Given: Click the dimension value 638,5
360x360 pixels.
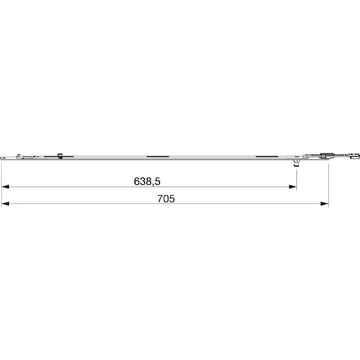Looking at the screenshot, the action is (147, 181).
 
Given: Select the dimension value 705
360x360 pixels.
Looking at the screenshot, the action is (166, 199).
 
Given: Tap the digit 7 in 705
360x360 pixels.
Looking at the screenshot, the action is (160, 199).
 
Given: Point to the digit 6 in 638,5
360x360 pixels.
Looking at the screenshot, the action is (137, 181).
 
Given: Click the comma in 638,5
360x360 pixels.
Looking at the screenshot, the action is (153, 185).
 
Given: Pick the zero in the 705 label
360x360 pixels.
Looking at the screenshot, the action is (166, 199).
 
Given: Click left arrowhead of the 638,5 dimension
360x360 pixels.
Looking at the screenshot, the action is (5, 187).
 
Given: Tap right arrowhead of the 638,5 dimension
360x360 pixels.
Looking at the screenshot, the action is (293, 187).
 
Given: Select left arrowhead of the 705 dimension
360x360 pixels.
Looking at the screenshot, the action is (5, 203).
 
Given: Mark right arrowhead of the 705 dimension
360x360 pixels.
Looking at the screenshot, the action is (325, 203).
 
